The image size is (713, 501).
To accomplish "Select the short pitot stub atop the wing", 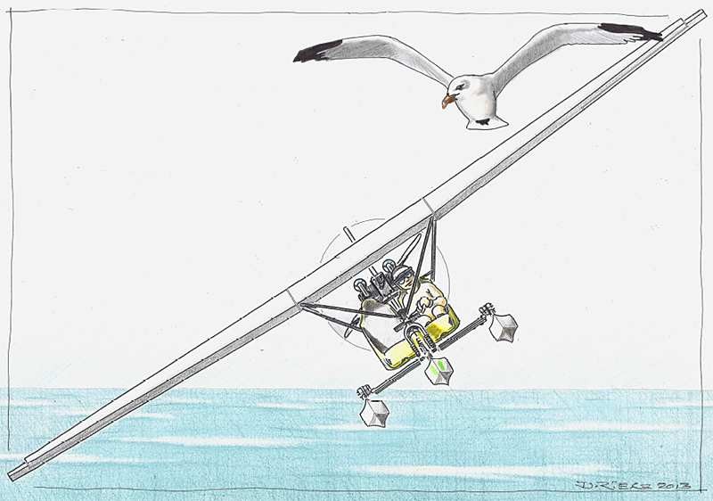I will click(348, 234).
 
